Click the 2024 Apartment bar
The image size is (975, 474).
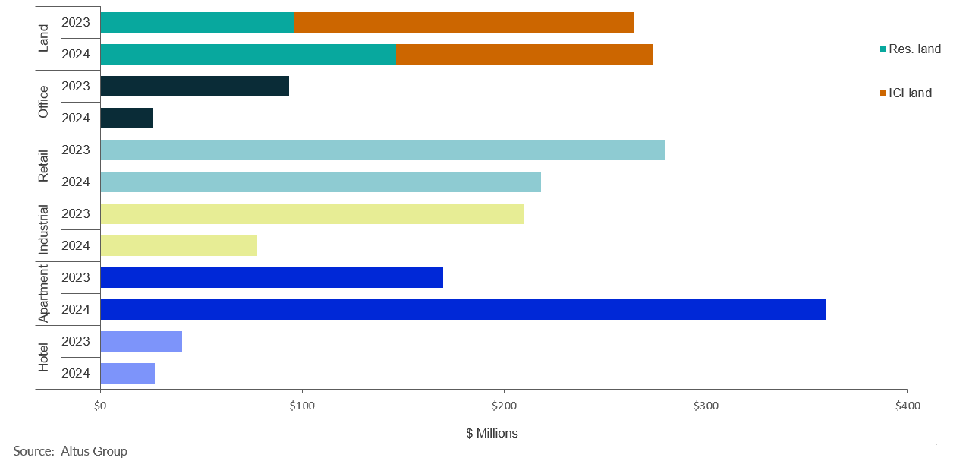[x=463, y=309]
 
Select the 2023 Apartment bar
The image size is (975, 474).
[x=271, y=277]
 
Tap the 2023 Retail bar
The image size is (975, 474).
[x=382, y=150]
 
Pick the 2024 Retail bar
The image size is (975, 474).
[x=320, y=182]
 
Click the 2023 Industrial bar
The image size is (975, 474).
[x=311, y=213]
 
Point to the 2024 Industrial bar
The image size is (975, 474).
[x=178, y=245]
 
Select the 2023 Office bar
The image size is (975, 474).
[x=194, y=86]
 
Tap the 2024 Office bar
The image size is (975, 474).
[x=126, y=118]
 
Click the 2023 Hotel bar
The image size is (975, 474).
[x=141, y=341]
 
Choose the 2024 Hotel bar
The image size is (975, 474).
[x=127, y=373]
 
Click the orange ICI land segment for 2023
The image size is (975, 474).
[x=464, y=22]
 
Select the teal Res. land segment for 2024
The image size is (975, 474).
[x=247, y=54]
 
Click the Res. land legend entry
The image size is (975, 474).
[x=914, y=49]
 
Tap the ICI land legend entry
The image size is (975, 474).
[x=909, y=93]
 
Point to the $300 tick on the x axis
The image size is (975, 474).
[x=706, y=406]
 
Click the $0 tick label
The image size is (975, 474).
[x=100, y=406]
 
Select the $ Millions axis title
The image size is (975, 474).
[x=492, y=433]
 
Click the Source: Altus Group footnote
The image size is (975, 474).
[x=70, y=451]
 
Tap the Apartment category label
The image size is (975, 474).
[x=43, y=293]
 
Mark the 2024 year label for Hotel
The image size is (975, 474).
[x=76, y=373]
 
